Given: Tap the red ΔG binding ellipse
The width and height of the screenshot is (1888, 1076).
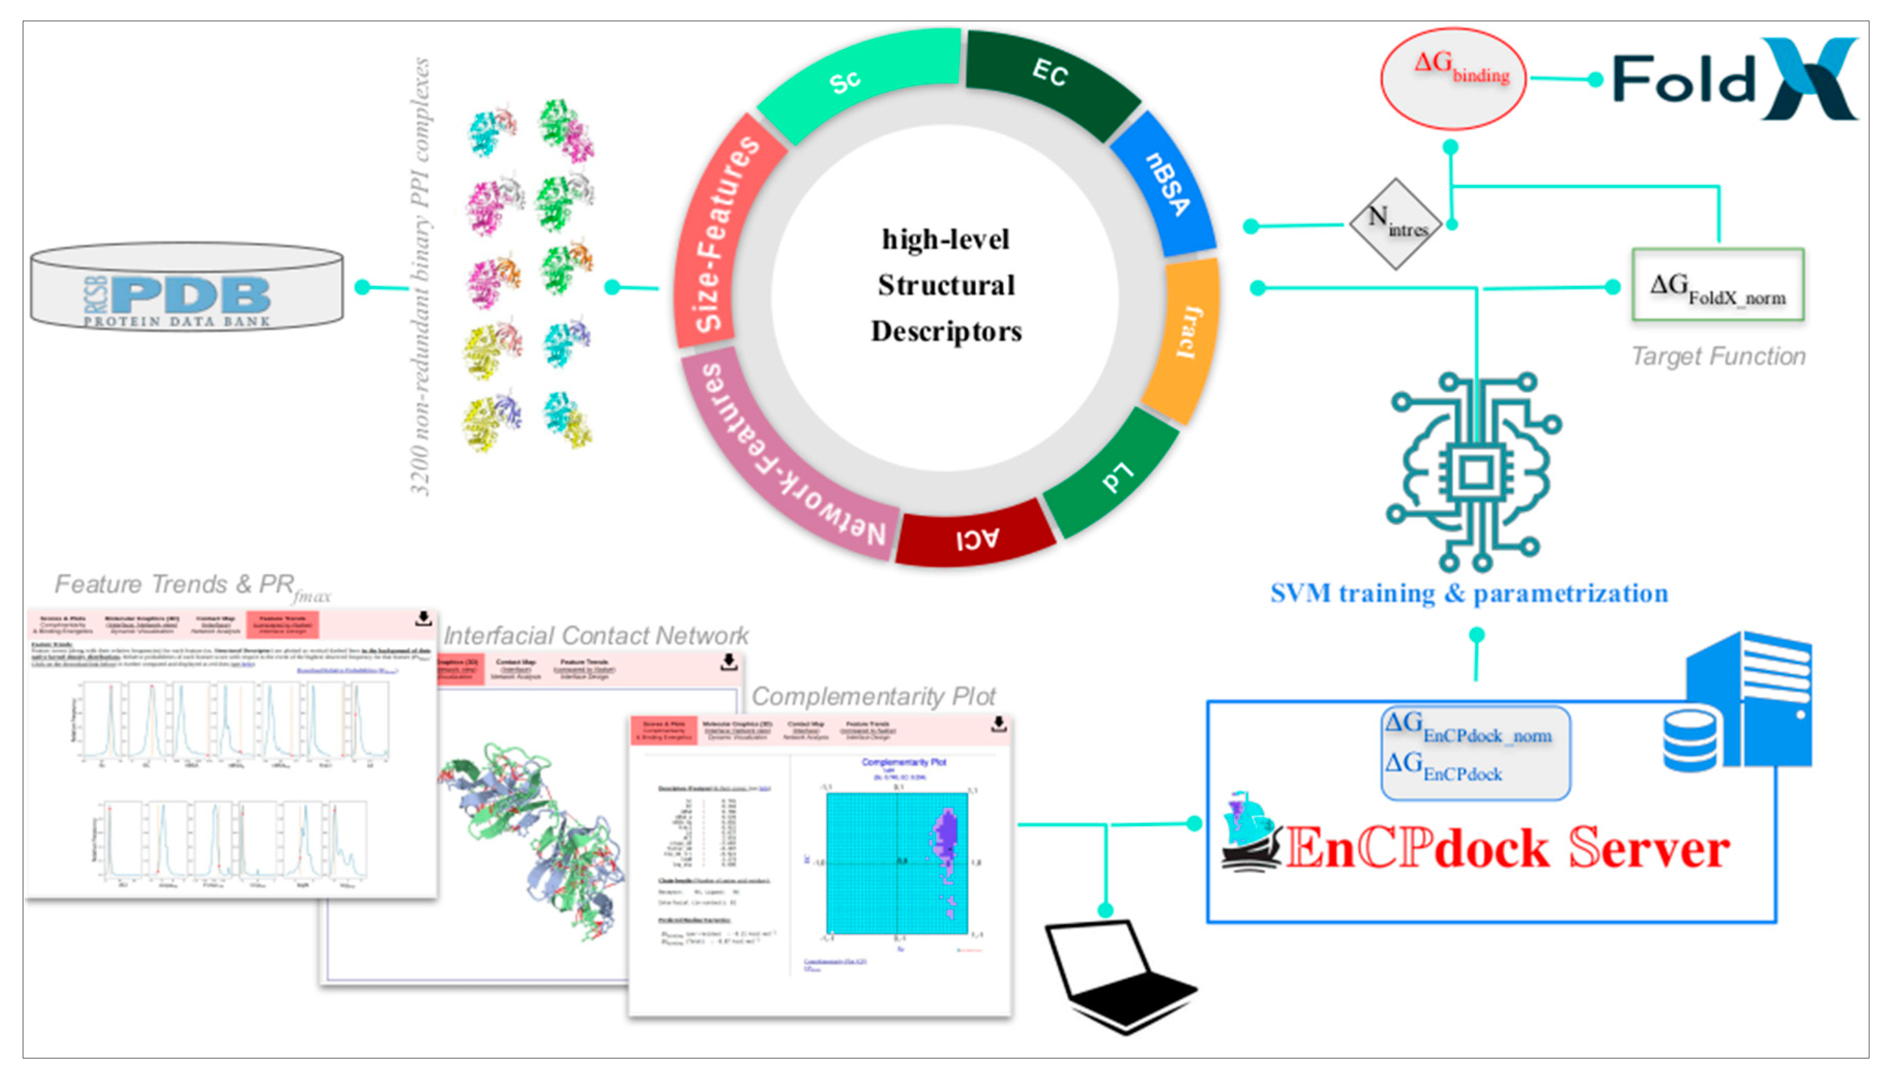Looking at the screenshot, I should pyautogui.click(x=1453, y=78).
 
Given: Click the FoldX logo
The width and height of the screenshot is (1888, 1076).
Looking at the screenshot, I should pyautogui.click(x=1733, y=80).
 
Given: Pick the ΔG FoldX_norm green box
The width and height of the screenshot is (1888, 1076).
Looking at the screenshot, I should pyautogui.click(x=1717, y=285).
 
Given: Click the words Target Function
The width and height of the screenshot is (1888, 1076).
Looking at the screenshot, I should pyautogui.click(x=1717, y=356).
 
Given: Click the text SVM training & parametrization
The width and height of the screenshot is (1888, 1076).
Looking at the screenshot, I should pyautogui.click(x=1469, y=593).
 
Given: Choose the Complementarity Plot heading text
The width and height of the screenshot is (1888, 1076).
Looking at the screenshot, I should pyautogui.click(x=873, y=696).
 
